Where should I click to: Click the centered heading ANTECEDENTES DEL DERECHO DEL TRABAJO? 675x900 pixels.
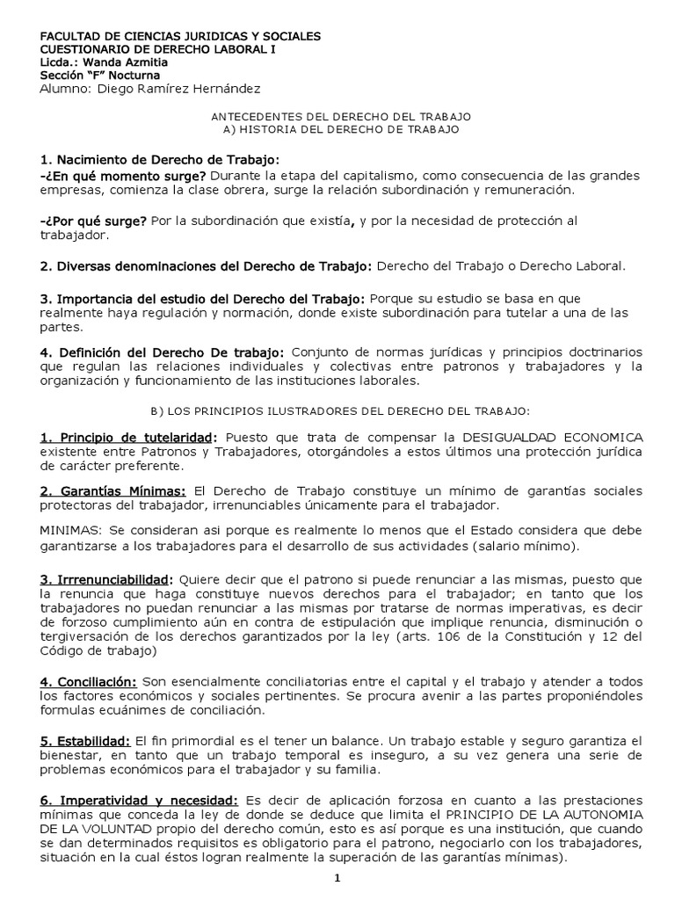[342, 116]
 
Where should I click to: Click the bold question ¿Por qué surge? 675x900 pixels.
[92, 221]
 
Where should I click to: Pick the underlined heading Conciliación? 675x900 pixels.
[89, 682]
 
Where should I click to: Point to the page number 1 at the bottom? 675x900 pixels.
[337, 878]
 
